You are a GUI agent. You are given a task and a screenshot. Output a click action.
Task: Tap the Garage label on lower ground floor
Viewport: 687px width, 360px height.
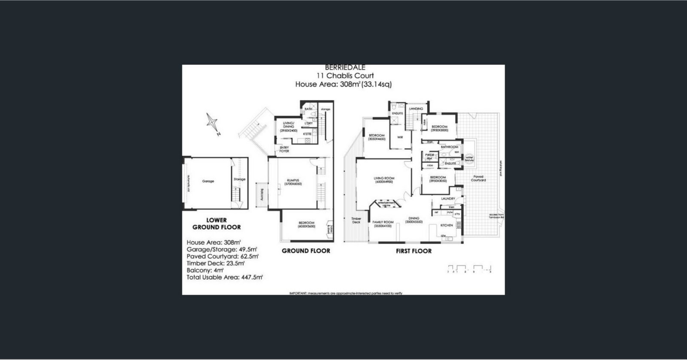tap(208, 181)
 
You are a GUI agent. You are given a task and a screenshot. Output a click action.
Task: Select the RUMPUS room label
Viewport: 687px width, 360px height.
tap(293, 181)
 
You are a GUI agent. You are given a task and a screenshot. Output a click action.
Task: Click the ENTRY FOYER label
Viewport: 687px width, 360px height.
tap(284, 149)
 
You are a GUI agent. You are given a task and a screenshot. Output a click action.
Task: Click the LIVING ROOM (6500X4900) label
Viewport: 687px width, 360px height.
tap(384, 180)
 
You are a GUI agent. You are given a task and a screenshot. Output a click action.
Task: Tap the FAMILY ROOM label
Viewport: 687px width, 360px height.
tap(383, 224)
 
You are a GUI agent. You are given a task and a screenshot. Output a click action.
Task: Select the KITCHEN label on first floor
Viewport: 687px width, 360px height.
tap(447, 225)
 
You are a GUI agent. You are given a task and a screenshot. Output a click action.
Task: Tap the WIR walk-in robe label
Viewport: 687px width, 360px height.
tap(400, 137)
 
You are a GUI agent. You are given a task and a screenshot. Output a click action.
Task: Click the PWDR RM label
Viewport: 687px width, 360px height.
tap(428, 156)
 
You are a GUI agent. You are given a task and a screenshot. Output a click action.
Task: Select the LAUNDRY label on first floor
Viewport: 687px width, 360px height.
tap(448, 199)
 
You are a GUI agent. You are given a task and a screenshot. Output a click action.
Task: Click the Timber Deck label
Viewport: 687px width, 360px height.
tap(356, 220)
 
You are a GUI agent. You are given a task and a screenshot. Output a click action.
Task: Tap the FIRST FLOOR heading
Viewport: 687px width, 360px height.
tap(413, 251)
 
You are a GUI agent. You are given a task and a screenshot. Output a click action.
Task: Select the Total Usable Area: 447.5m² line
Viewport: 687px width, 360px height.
tap(225, 277)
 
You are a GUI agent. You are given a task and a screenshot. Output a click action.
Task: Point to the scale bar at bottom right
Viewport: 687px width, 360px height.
tap(469, 269)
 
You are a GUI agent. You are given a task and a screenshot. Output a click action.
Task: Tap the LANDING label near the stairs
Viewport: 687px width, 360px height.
tap(416, 109)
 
